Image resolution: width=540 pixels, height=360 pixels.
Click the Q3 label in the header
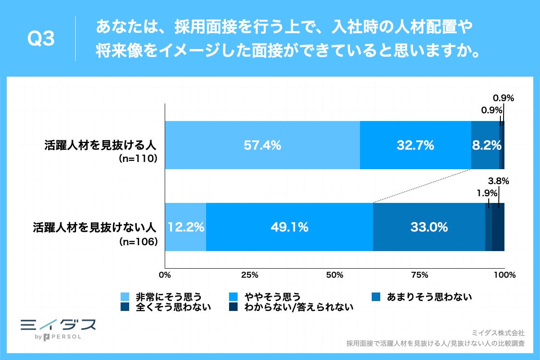(x=41, y=40)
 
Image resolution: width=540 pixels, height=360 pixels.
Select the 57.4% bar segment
(x=262, y=145)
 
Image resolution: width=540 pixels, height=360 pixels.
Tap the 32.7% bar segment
(x=415, y=145)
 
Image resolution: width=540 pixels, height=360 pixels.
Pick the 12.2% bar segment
(x=186, y=227)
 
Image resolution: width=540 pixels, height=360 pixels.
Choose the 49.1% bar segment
(x=289, y=227)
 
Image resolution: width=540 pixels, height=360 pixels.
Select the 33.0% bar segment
(x=429, y=227)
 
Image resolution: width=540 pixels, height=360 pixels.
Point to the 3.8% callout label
(x=498, y=182)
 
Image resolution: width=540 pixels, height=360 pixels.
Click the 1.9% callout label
(x=487, y=193)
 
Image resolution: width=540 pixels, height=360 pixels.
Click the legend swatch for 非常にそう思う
(x=126, y=297)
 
